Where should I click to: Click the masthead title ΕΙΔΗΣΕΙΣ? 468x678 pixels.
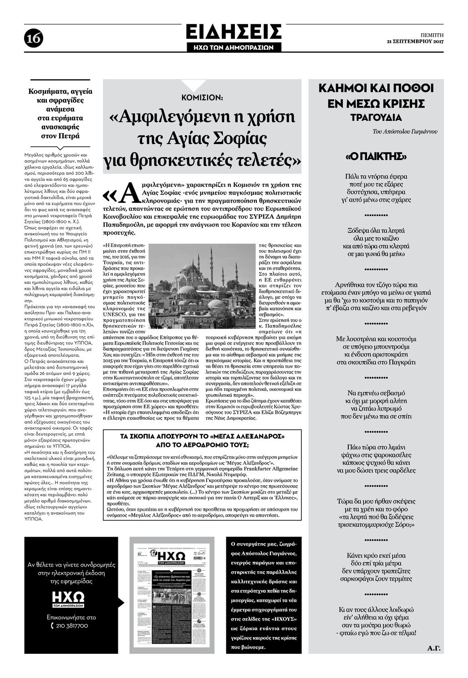tap(234, 32)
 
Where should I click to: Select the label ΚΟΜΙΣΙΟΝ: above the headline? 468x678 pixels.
tap(202, 98)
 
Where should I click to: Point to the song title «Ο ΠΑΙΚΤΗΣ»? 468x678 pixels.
tap(376, 157)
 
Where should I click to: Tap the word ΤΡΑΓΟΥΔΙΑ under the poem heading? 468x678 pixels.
tap(376, 118)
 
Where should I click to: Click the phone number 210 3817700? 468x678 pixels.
tap(73, 626)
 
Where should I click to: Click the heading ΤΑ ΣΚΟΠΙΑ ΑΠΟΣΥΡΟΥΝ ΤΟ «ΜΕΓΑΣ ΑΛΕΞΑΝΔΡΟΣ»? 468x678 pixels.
tap(202, 436)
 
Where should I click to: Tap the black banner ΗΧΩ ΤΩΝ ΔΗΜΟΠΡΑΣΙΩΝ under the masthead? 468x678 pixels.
tap(234, 47)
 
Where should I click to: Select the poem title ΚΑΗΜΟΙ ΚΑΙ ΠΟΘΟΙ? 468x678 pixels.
tap(376, 88)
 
